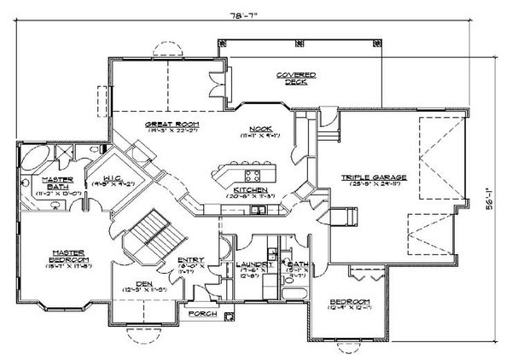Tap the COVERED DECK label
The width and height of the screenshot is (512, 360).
tap(296, 78)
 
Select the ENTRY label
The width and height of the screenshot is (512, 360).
tap(189, 263)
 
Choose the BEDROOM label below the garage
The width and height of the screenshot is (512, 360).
tap(352, 303)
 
